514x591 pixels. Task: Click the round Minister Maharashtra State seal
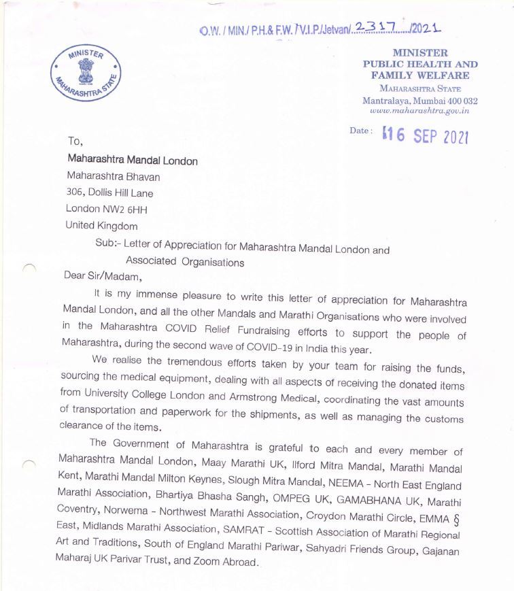(x=84, y=73)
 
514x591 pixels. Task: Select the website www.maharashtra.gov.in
(x=419, y=110)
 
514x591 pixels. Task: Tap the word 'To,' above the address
(x=75, y=142)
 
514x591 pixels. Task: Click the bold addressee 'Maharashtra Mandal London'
(x=133, y=161)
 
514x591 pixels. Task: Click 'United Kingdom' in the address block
(x=101, y=226)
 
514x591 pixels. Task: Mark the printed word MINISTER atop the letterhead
(x=420, y=52)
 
